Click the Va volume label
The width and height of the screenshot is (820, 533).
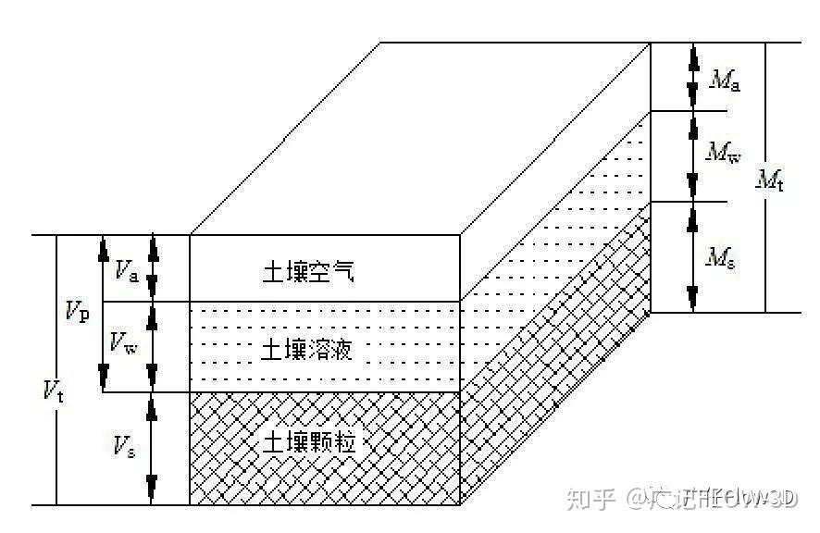[128, 270]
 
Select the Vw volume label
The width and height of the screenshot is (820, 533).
[124, 345]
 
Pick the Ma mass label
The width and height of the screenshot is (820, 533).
[725, 80]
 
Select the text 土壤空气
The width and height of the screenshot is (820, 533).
[294, 272]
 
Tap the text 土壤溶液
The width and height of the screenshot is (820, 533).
[294, 349]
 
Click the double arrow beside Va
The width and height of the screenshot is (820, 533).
[153, 268]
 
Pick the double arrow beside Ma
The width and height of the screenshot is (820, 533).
[691, 77]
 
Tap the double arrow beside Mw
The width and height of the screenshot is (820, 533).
[691, 155]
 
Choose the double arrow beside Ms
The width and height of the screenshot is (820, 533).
[691, 257]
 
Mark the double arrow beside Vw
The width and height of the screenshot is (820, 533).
[153, 346]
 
